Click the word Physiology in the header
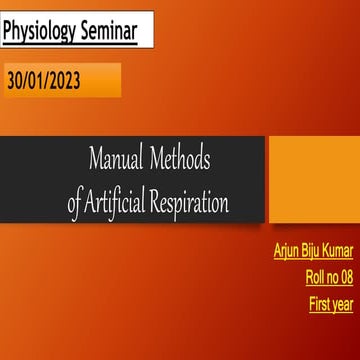[44, 31]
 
